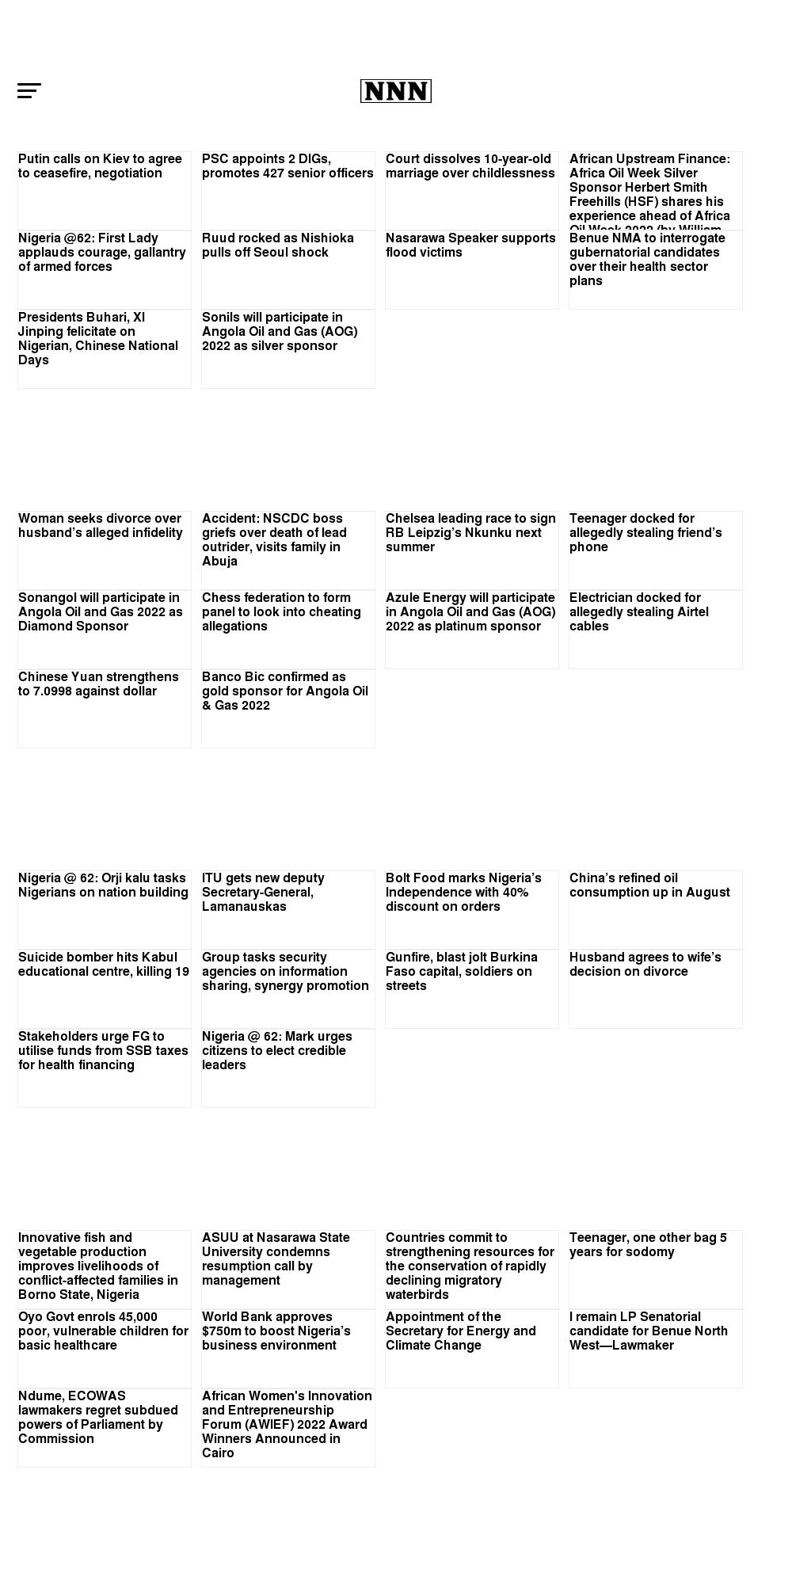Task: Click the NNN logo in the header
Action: click(x=395, y=91)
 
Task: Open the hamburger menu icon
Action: click(x=29, y=90)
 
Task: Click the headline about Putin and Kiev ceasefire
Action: click(x=100, y=166)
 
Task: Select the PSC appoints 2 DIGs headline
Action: click(x=287, y=166)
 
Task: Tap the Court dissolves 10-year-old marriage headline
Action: click(x=470, y=166)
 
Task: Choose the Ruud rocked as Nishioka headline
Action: click(x=277, y=246)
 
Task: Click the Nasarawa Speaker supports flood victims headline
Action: click(x=470, y=246)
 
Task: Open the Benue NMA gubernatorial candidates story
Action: click(x=647, y=259)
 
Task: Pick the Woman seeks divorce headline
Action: click(x=100, y=526)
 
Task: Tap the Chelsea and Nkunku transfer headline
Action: click(x=470, y=532)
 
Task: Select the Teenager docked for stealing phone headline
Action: click(x=645, y=532)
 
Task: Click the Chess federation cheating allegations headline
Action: click(x=281, y=611)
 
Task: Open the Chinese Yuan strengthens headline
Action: click(x=98, y=684)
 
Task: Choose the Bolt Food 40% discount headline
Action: click(x=463, y=892)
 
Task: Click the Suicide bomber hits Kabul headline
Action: click(x=104, y=965)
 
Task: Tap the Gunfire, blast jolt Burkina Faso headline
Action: click(x=461, y=971)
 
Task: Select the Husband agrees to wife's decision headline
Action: click(x=645, y=965)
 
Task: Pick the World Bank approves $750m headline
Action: click(x=276, y=1331)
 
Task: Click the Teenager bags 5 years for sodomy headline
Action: click(x=648, y=1245)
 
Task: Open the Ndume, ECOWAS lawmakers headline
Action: click(x=97, y=1417)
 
